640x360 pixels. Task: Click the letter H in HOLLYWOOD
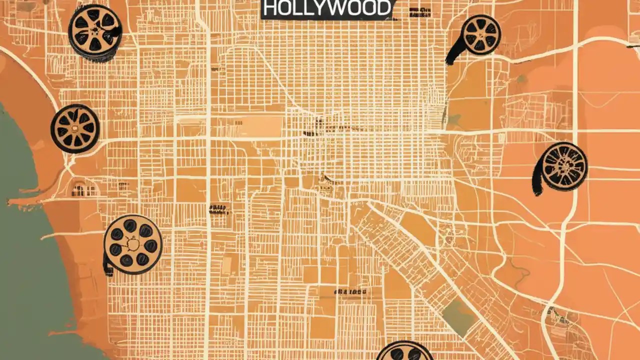[x=270, y=8]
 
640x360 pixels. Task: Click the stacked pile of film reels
[x=95, y=32]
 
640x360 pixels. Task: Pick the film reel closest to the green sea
[x=75, y=128]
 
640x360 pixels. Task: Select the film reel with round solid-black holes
[x=132, y=244]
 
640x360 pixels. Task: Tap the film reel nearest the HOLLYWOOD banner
[x=480, y=34]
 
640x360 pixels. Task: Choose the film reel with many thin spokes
[x=564, y=166]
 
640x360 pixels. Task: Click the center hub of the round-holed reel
[x=132, y=244]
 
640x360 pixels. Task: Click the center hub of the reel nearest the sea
[x=75, y=128]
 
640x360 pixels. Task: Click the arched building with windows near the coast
[x=83, y=189]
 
